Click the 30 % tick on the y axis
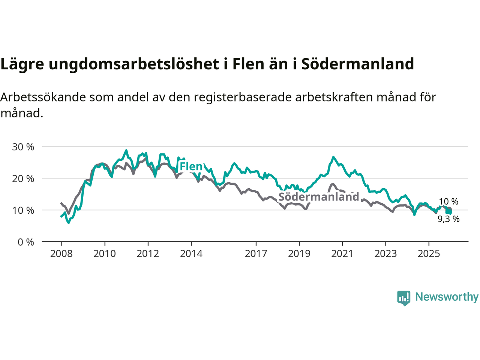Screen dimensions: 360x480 pyautogui.click(x=23, y=147)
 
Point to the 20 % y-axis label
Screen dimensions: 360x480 pyautogui.click(x=23, y=179)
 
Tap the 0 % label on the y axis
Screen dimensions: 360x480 pyautogui.click(x=25, y=242)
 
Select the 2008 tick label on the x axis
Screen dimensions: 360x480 pyautogui.click(x=61, y=254)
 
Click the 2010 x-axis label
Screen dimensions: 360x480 pyautogui.click(x=105, y=254)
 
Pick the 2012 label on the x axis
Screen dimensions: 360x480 pyautogui.click(x=148, y=254)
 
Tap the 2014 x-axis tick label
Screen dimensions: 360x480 pyautogui.click(x=191, y=254)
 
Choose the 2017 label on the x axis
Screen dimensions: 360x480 pyautogui.click(x=256, y=254)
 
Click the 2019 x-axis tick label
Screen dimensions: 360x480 pyautogui.click(x=299, y=254)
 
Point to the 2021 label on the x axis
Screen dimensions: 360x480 pyautogui.click(x=342, y=254)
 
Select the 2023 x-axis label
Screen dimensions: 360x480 pyautogui.click(x=385, y=254)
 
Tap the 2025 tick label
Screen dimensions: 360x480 pyautogui.click(x=429, y=254)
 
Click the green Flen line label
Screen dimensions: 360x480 pyautogui.click(x=191, y=166)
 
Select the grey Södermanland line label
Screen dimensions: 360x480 pyautogui.click(x=319, y=197)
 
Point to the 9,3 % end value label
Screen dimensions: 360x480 pyautogui.click(x=448, y=219)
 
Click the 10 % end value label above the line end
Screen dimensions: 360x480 pyautogui.click(x=448, y=202)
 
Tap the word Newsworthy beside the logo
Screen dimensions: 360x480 pyautogui.click(x=447, y=297)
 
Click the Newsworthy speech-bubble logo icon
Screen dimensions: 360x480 pyautogui.click(x=404, y=298)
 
